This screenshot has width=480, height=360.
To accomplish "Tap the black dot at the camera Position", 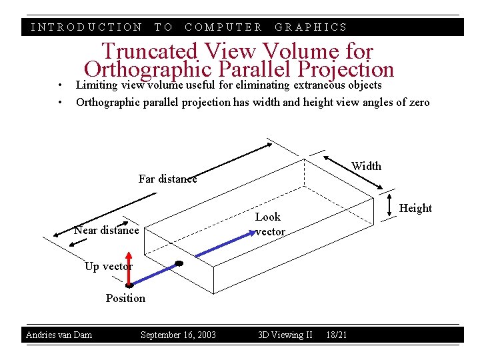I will pyautogui.click(x=129, y=285).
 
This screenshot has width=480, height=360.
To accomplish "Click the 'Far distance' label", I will pyautogui.click(x=167, y=179).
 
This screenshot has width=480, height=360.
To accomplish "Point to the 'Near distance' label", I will pyautogui.click(x=107, y=231).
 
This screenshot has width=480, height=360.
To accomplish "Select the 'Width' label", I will pyautogui.click(x=366, y=166).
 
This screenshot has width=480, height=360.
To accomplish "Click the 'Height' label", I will pyautogui.click(x=415, y=208).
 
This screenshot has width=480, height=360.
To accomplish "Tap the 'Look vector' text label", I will pyautogui.click(x=269, y=224).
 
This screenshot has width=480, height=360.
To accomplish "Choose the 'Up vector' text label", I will pyautogui.click(x=108, y=266).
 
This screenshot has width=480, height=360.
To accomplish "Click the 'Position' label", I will pyautogui.click(x=125, y=298).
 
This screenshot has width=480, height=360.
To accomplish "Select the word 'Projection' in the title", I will pyautogui.click(x=347, y=69).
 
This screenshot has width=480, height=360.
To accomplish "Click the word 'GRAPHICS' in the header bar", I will pyautogui.click(x=311, y=27).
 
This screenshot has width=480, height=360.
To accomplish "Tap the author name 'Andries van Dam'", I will pyautogui.click(x=59, y=335).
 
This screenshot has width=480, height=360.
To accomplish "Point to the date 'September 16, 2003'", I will pyautogui.click(x=178, y=335).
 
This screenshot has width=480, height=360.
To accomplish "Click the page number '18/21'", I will pyautogui.click(x=337, y=335).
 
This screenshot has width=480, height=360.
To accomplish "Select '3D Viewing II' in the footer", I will pyautogui.click(x=285, y=335).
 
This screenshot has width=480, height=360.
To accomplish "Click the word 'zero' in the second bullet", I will pyautogui.click(x=419, y=102).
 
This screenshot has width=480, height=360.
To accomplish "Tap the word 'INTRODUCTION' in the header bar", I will pyautogui.click(x=87, y=27).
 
